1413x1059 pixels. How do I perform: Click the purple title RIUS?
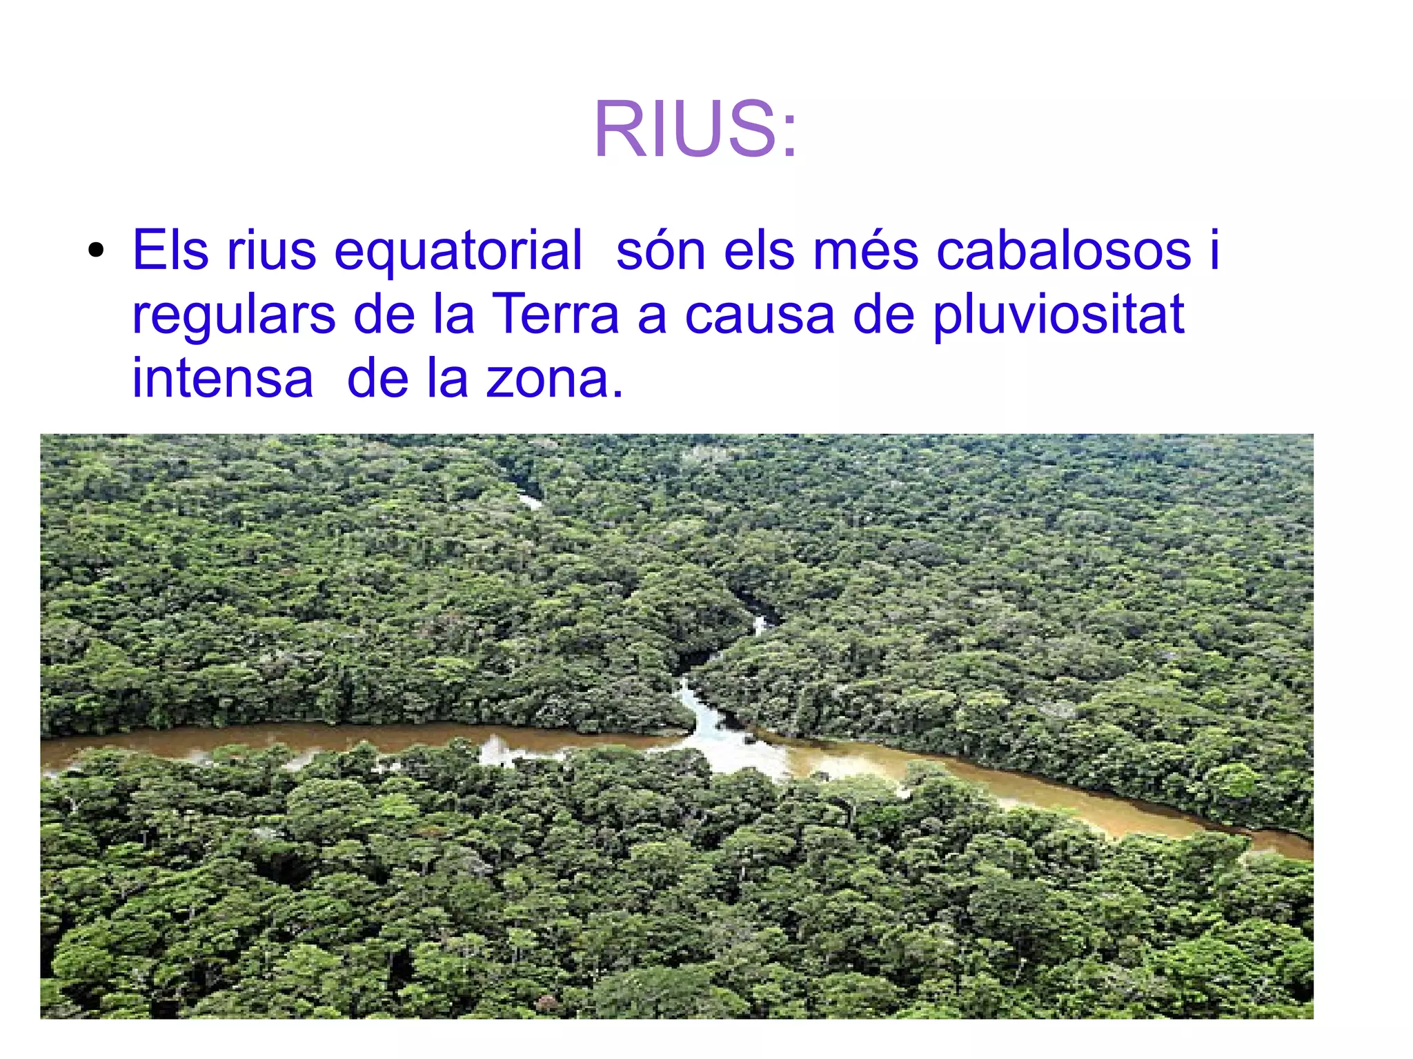tap(695, 130)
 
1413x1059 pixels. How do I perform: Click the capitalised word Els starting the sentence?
tap(170, 250)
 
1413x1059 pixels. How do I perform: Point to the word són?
tap(661, 250)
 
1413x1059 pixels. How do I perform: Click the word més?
tap(865, 250)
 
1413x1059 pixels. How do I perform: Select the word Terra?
tap(555, 314)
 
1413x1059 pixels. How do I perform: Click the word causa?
tap(760, 315)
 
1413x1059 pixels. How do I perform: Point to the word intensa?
tap(222, 378)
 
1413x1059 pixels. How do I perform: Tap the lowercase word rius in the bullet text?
tap(271, 250)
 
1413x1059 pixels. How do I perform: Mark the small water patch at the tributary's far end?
tap(530, 501)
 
